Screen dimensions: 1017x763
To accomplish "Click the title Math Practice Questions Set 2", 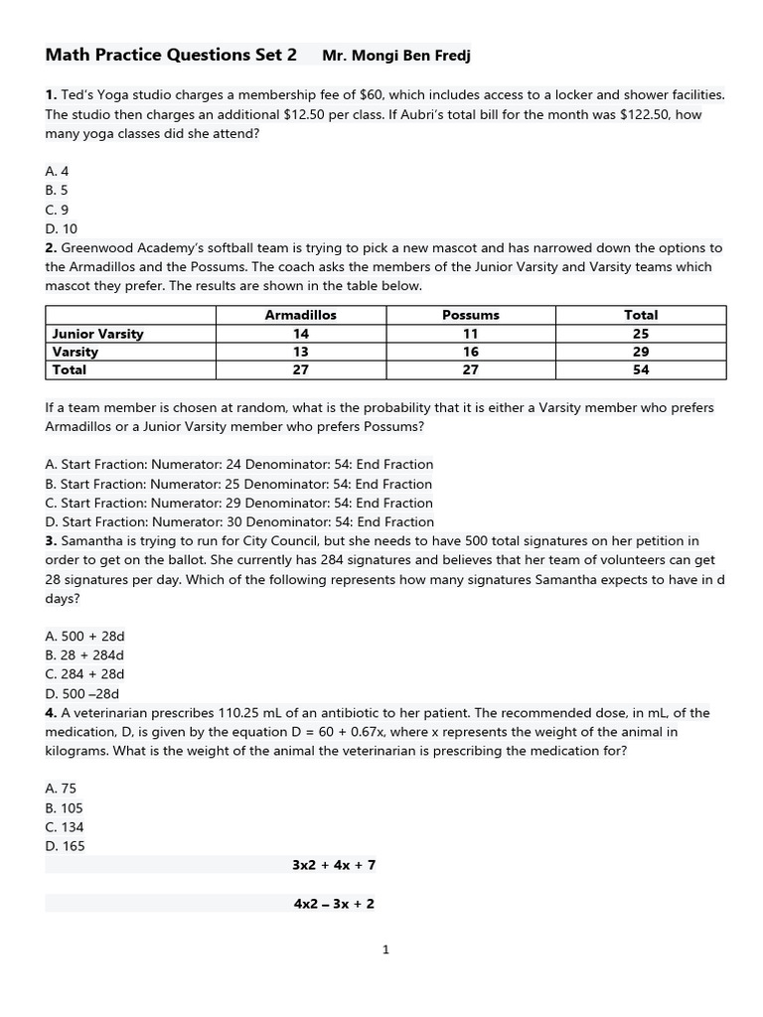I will (171, 56).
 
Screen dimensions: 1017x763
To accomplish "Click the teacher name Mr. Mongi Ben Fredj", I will (396, 57).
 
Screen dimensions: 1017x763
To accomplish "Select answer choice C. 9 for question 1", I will (57, 210).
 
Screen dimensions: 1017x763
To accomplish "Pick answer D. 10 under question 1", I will (61, 229).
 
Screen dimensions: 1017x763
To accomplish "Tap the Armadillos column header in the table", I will (300, 315).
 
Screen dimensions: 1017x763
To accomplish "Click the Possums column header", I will (470, 315).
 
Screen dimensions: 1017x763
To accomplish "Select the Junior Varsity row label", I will (97, 334).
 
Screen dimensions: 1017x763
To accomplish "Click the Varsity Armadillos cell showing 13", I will (300, 352).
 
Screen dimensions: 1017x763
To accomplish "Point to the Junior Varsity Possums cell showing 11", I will (470, 334).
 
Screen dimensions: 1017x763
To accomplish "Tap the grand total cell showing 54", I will (641, 369).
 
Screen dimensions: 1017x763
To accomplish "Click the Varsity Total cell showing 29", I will (641, 352).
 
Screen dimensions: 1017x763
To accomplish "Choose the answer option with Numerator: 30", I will (239, 522).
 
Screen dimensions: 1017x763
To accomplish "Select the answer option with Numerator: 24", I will (239, 465).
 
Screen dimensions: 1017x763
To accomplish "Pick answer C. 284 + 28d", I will (84, 674).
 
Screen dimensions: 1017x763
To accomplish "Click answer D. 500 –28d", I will (84, 694).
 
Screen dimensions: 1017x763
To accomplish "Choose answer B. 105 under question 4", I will (65, 808).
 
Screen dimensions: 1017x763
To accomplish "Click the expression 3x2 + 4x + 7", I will (334, 865).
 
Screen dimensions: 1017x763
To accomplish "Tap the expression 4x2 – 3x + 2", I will (334, 904).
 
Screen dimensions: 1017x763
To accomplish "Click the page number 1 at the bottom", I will (385, 950).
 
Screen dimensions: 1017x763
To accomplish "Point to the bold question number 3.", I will (51, 541).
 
